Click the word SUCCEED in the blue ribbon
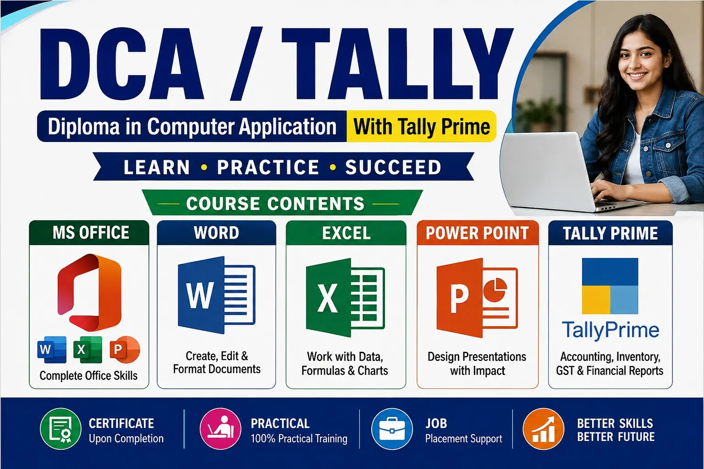(x=393, y=167)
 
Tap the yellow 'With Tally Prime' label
(x=422, y=126)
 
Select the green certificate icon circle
(x=60, y=429)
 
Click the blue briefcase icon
(x=392, y=429)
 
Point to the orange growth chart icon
(x=544, y=429)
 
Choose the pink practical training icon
(x=220, y=429)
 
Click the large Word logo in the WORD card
(x=216, y=295)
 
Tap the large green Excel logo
(x=346, y=298)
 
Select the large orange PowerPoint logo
(x=477, y=298)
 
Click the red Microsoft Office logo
(x=89, y=293)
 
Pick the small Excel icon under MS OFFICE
(x=88, y=349)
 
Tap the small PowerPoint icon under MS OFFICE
(x=125, y=349)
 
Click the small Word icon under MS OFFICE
(x=52, y=349)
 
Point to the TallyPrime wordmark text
(x=610, y=331)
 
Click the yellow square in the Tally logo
(x=596, y=300)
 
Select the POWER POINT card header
(x=478, y=233)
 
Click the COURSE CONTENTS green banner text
(x=275, y=203)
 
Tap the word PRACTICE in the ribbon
(x=268, y=167)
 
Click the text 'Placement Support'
(x=463, y=438)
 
